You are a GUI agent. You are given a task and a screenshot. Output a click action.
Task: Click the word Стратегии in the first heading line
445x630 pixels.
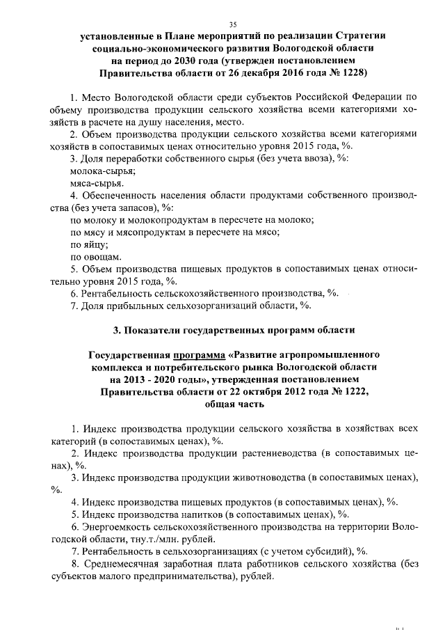point(355,36)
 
